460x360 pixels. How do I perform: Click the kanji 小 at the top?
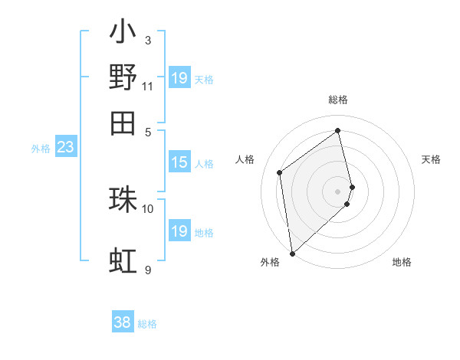point(123,33)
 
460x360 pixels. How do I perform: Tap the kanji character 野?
point(123,78)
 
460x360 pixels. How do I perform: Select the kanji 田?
point(123,123)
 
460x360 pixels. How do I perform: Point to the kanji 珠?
point(123,199)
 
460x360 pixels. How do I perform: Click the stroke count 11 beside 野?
point(147,86)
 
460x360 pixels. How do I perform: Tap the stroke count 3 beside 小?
point(147,41)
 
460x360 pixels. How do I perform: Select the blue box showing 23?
point(65,147)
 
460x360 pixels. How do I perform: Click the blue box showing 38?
point(123,323)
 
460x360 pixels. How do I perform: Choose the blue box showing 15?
point(179,162)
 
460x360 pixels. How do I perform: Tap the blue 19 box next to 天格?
point(179,78)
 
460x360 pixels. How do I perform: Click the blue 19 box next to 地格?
point(179,231)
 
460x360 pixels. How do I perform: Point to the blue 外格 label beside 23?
point(40,149)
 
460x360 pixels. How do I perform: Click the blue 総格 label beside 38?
point(147,324)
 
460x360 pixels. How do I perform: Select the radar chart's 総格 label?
point(338,100)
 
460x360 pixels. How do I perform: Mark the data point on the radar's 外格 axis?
point(292,253)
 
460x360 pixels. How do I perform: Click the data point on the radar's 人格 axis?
point(280,172)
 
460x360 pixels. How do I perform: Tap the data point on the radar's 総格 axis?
point(338,130)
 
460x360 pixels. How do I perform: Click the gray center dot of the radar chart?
point(338,191)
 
